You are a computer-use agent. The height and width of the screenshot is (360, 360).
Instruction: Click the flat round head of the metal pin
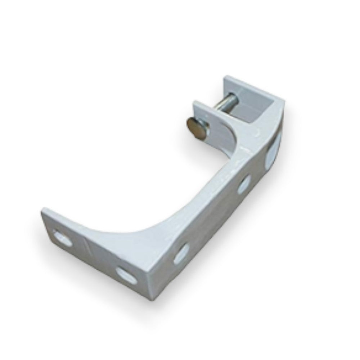195,127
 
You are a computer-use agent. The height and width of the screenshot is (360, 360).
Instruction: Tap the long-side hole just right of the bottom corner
181,252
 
